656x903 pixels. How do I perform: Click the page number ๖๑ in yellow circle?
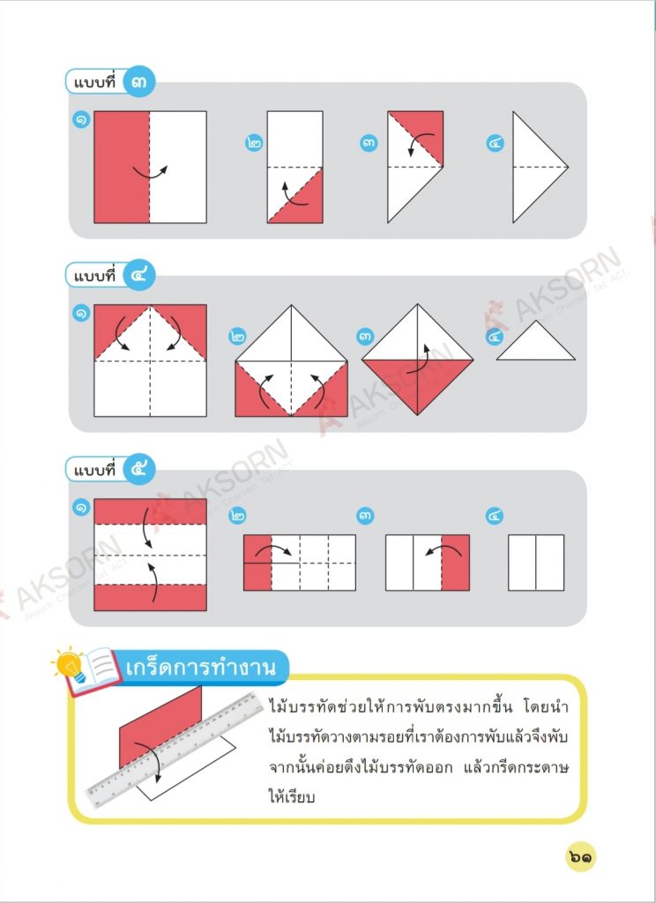(580, 857)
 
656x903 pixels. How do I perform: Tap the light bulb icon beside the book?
(71, 665)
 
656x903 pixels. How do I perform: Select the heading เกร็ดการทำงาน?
(200, 667)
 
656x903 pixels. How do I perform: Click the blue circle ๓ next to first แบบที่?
(138, 82)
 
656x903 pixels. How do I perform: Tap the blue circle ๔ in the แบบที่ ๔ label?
(138, 275)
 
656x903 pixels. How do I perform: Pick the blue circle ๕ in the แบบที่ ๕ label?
(138, 469)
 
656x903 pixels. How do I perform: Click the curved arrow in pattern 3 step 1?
(150, 172)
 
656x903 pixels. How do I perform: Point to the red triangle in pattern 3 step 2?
(305, 205)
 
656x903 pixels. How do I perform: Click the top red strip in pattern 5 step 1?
(150, 511)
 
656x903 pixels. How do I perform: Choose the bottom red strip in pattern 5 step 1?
(150, 598)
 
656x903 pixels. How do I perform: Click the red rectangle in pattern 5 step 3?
(456, 563)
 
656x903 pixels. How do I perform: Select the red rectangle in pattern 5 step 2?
(257, 563)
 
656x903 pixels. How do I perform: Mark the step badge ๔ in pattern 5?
(495, 515)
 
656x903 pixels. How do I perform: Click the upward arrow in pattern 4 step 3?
(420, 360)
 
